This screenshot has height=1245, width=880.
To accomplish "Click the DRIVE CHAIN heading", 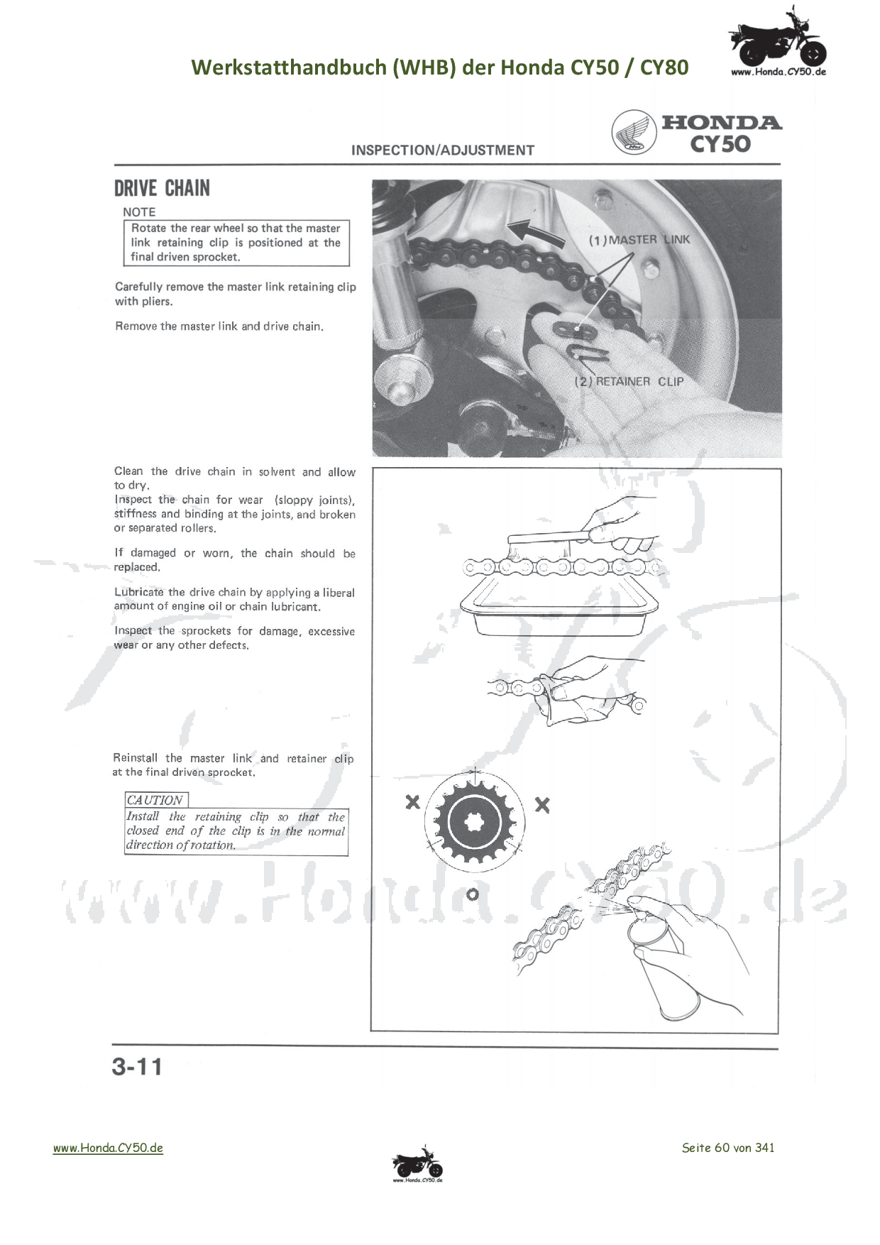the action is tap(162, 188).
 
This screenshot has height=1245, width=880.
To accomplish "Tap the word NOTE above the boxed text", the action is tap(139, 212).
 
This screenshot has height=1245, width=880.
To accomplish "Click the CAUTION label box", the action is tap(156, 800).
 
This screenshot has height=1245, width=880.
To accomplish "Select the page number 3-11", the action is tap(137, 1067).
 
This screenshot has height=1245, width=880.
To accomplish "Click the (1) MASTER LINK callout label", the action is tap(639, 240).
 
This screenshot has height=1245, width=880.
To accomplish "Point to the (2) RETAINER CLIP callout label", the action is tap(629, 381).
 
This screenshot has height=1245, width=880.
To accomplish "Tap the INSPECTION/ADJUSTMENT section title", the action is tap(443, 150).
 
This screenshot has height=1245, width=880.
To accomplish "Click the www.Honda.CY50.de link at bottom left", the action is tap(108, 1147).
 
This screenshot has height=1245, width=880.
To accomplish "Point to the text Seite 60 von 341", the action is tap(728, 1147).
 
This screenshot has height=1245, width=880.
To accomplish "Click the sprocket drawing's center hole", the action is tap(475, 823).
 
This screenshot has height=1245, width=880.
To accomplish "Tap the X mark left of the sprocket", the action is tap(413, 802).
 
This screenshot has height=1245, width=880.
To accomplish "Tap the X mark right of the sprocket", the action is tap(542, 804).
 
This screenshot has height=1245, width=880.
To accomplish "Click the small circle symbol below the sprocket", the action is tap(473, 894).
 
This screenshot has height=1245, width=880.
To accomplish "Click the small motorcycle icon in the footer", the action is tap(417, 1165).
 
